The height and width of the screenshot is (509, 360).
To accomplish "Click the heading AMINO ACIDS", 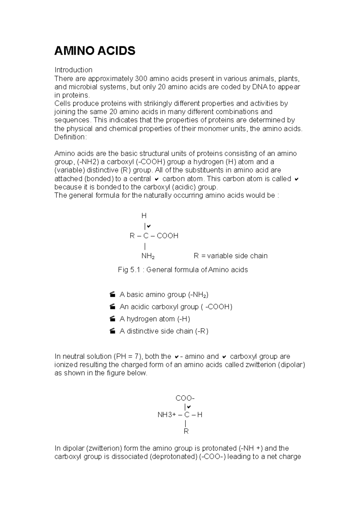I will [x=95, y=51].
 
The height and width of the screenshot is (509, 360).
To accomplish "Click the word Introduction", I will [x=73, y=70].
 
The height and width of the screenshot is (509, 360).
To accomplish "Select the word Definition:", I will [x=70, y=137].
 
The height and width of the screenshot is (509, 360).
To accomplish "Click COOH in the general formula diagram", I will [x=167, y=236].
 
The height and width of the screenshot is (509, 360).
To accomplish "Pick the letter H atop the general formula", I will [x=144, y=216].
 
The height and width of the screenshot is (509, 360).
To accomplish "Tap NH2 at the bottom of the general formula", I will [x=148, y=256].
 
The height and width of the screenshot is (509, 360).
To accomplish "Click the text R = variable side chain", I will [x=230, y=256].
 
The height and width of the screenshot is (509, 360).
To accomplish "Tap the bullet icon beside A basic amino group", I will [x=113, y=295].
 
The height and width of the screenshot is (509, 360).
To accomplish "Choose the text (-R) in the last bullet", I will [x=202, y=331].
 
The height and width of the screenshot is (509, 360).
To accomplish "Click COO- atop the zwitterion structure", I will [x=185, y=398].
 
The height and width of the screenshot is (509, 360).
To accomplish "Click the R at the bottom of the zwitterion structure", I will [x=186, y=431].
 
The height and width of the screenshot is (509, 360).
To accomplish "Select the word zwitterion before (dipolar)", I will [x=260, y=365].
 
